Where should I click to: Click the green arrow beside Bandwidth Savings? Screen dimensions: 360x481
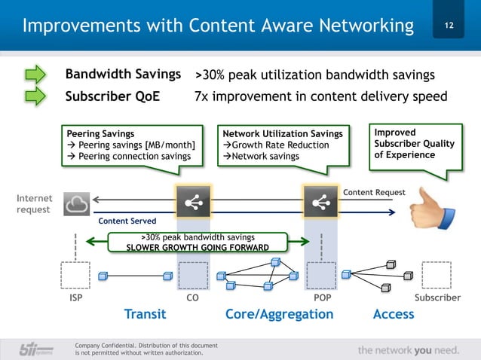click(x=37, y=75)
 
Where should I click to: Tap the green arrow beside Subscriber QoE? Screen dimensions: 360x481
click(x=37, y=96)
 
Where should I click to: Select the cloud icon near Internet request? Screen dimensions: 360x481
click(x=80, y=202)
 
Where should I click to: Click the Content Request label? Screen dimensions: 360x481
click(x=374, y=193)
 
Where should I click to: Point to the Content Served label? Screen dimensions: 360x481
click(x=127, y=221)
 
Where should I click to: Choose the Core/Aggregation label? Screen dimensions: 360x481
click(x=279, y=314)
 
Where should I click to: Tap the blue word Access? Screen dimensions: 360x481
click(x=393, y=314)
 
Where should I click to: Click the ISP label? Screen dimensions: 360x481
click(x=75, y=298)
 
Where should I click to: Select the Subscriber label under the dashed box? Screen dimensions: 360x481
click(x=437, y=298)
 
